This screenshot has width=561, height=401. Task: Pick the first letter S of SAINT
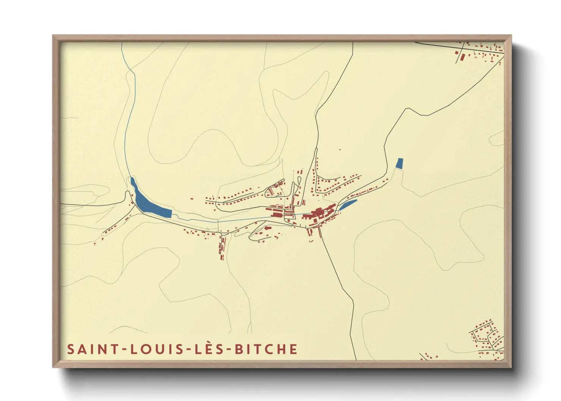[71, 349]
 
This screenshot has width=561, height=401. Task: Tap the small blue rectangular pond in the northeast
[400, 163]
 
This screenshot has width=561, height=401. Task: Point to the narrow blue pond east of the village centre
[348, 205]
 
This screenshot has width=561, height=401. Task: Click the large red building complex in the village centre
[318, 213]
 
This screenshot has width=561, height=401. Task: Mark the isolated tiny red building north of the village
[340, 150]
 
